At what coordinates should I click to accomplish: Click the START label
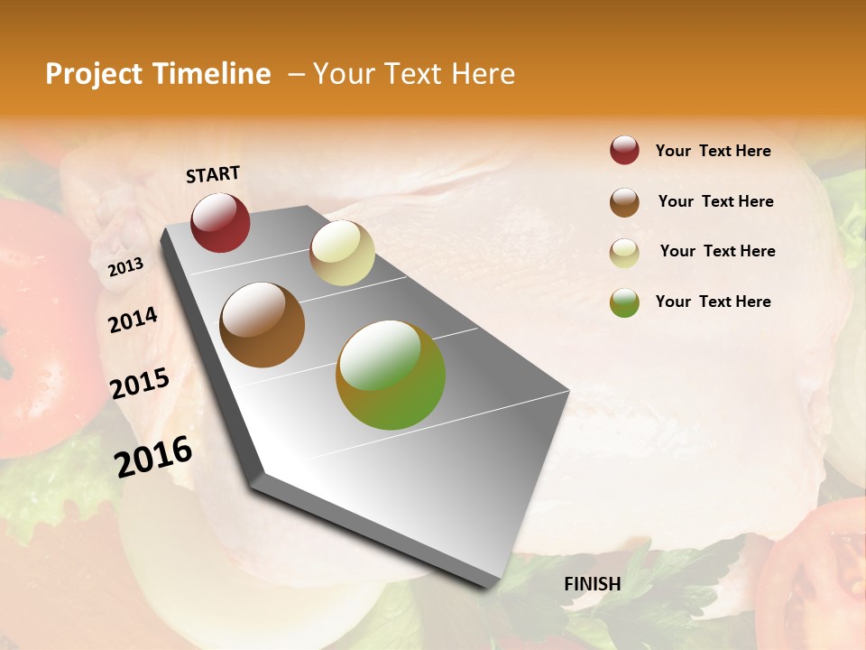pyautogui.click(x=213, y=174)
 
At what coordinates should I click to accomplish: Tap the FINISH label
pyautogui.click(x=593, y=583)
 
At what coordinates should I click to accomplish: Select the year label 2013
pyautogui.click(x=125, y=267)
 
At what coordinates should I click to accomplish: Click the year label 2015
pyautogui.click(x=140, y=383)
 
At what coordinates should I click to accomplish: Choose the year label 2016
pyautogui.click(x=153, y=456)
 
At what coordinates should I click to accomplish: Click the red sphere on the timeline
pyautogui.click(x=220, y=222)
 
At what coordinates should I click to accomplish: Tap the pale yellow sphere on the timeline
pyautogui.click(x=342, y=253)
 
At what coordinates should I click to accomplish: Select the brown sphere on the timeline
pyautogui.click(x=262, y=325)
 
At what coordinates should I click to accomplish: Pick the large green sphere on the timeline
pyautogui.click(x=391, y=375)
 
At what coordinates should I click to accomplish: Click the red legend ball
pyautogui.click(x=624, y=150)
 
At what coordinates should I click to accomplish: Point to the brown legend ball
pyautogui.click(x=624, y=201)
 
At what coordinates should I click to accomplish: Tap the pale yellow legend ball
pyautogui.click(x=624, y=253)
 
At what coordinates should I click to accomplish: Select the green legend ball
pyautogui.click(x=624, y=302)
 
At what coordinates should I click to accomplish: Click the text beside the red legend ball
pyautogui.click(x=713, y=151)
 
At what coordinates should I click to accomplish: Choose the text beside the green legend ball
pyautogui.click(x=713, y=302)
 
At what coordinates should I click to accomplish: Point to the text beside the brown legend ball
pyautogui.click(x=715, y=201)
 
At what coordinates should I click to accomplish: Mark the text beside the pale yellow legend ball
pyautogui.click(x=717, y=251)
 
